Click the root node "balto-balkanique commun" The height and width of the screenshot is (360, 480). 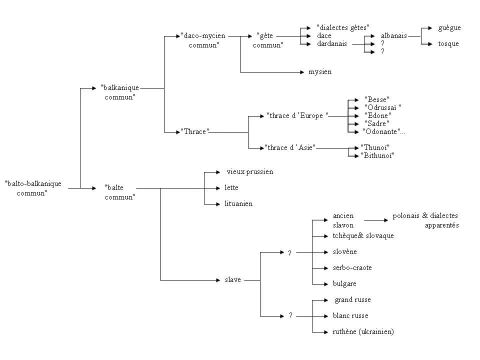(x=33, y=188)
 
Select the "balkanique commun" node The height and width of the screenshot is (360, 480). (x=120, y=92)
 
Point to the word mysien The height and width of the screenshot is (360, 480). (x=320, y=72)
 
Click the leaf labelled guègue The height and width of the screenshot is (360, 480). (x=449, y=28)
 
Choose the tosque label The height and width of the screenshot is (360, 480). (x=448, y=44)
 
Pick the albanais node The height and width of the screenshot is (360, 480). (x=393, y=36)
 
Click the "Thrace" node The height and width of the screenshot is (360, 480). (x=195, y=132)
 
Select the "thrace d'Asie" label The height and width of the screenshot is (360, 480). (x=290, y=148)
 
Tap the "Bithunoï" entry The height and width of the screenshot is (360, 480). (x=378, y=156)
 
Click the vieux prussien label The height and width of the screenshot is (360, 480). (x=250, y=172)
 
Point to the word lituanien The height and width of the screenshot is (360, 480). (x=239, y=204)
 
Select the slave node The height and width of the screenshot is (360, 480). (x=233, y=280)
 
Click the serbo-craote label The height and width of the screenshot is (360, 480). (x=352, y=268)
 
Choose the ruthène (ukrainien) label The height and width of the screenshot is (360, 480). (x=363, y=332)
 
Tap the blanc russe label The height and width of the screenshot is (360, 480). (x=350, y=316)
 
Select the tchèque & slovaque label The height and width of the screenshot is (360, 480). (x=363, y=236)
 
